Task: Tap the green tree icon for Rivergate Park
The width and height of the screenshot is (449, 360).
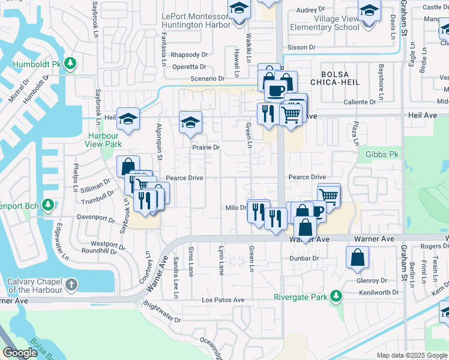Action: (x=336, y=296)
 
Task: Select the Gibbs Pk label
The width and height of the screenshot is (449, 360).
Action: (x=382, y=154)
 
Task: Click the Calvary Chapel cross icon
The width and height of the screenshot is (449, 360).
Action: (x=71, y=284)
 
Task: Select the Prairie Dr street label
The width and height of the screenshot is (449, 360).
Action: (x=206, y=147)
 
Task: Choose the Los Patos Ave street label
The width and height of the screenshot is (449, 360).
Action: (x=223, y=300)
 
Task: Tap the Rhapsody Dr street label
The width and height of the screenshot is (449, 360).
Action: (x=188, y=55)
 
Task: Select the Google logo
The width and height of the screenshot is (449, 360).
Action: (x=20, y=353)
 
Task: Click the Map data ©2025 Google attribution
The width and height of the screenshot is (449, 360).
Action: (x=412, y=355)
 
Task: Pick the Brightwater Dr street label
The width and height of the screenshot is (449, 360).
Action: (x=161, y=312)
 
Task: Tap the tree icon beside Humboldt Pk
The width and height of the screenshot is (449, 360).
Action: (x=70, y=62)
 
